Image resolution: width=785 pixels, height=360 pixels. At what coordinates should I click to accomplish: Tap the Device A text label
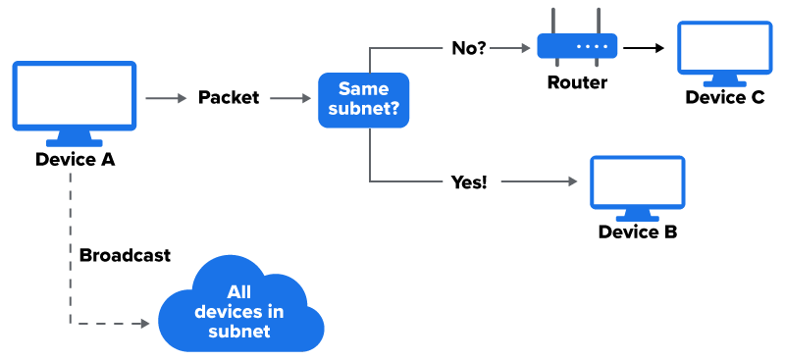[x=75, y=159]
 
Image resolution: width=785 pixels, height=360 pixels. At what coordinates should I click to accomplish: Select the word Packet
[x=229, y=97]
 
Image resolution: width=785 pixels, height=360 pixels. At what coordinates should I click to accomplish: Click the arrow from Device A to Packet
[x=166, y=97]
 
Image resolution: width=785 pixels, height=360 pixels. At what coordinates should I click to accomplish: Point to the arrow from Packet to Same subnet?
[x=290, y=97]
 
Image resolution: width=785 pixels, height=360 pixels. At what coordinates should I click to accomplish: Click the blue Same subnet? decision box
[x=363, y=98]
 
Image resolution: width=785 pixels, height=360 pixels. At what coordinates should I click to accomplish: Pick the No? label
[x=469, y=47]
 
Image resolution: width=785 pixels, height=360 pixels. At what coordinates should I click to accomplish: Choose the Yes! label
[x=469, y=181]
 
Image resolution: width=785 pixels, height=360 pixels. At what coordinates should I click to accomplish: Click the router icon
[x=577, y=45]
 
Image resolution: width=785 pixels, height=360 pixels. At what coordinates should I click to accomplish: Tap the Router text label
[x=577, y=82]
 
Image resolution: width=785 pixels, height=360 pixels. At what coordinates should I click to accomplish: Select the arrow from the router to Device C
[x=644, y=46]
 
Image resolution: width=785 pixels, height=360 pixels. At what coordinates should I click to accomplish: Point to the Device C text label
[x=725, y=97]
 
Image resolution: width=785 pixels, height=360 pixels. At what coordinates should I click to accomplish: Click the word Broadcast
[x=125, y=255]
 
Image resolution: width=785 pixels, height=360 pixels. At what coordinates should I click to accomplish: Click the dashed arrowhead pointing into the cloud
[x=149, y=323]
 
